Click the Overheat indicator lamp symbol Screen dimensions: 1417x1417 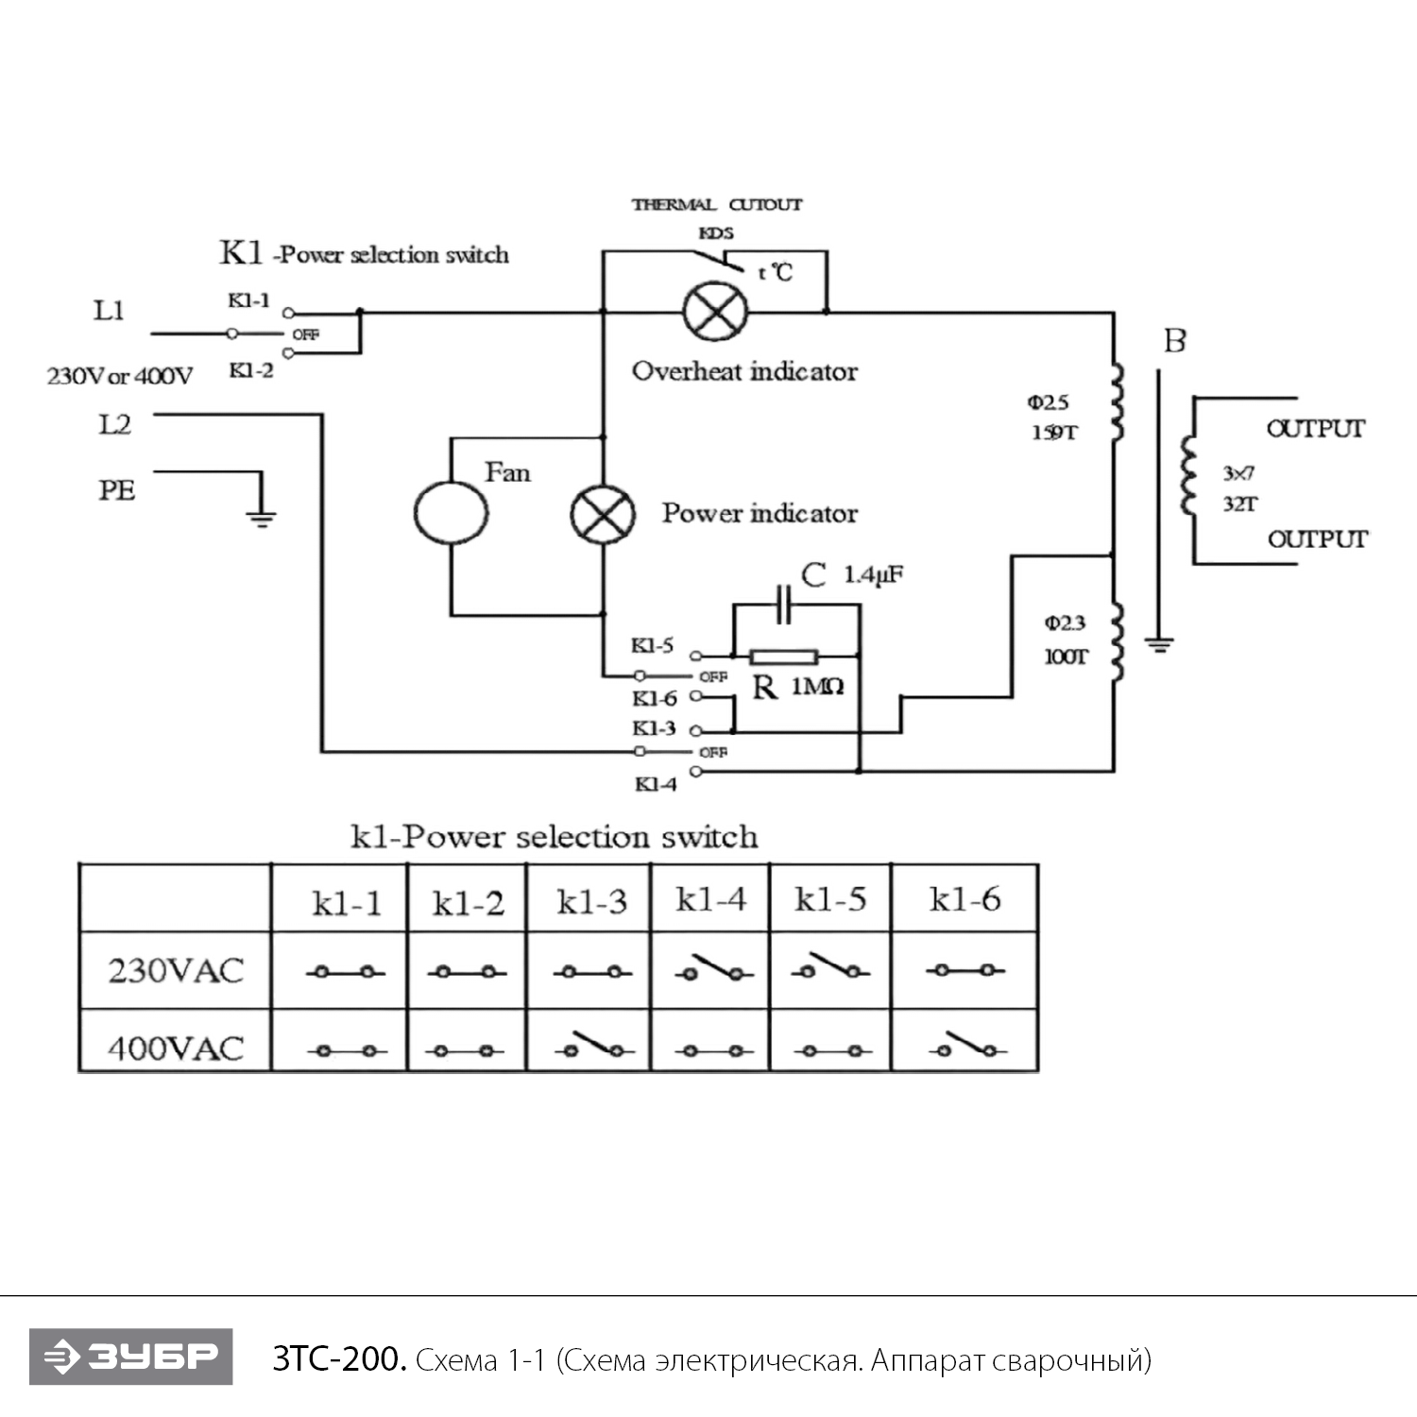point(715,311)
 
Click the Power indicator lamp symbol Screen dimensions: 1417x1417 point(603,515)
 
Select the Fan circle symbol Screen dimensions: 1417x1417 point(451,513)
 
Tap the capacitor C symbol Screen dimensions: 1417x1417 point(783,605)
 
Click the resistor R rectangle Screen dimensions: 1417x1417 point(783,657)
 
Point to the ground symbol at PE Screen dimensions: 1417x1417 point(261,515)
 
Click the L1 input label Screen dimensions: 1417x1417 point(109,311)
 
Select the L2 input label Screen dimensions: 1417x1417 point(114,425)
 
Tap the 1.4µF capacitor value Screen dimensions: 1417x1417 point(872,574)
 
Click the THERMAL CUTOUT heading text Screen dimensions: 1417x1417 point(716,204)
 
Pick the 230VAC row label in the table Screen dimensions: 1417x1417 point(176,971)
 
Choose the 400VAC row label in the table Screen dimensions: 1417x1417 point(176,1048)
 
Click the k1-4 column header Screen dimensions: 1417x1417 point(710,899)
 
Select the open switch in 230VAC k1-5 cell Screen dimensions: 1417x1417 point(830,967)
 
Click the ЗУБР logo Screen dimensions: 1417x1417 point(130,1357)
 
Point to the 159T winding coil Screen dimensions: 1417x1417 point(1117,403)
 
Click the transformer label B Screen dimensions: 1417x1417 point(1174,341)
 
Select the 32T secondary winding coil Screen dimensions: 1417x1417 point(1187,476)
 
